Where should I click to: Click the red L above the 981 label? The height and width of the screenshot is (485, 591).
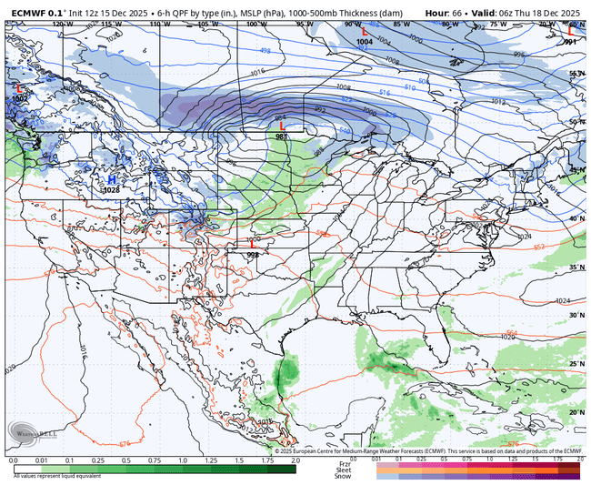(x=282, y=126)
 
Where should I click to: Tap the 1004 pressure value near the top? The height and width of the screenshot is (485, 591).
(x=364, y=42)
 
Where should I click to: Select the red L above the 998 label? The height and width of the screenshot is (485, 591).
(x=252, y=244)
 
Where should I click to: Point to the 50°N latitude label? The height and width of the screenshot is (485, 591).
(x=576, y=121)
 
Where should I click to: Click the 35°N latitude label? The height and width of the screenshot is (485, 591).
(x=576, y=268)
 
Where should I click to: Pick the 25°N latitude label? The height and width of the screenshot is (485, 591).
(x=576, y=363)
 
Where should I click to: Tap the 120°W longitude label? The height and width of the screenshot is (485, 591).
(x=62, y=24)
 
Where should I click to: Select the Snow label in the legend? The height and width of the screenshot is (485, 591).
(x=343, y=476)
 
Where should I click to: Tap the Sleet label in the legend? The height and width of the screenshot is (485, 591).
(x=343, y=470)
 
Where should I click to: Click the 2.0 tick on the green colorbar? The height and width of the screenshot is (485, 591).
(x=295, y=460)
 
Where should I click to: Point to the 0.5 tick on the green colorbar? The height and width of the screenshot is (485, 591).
(x=125, y=460)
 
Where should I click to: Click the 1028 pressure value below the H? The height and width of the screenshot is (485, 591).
(x=112, y=190)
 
